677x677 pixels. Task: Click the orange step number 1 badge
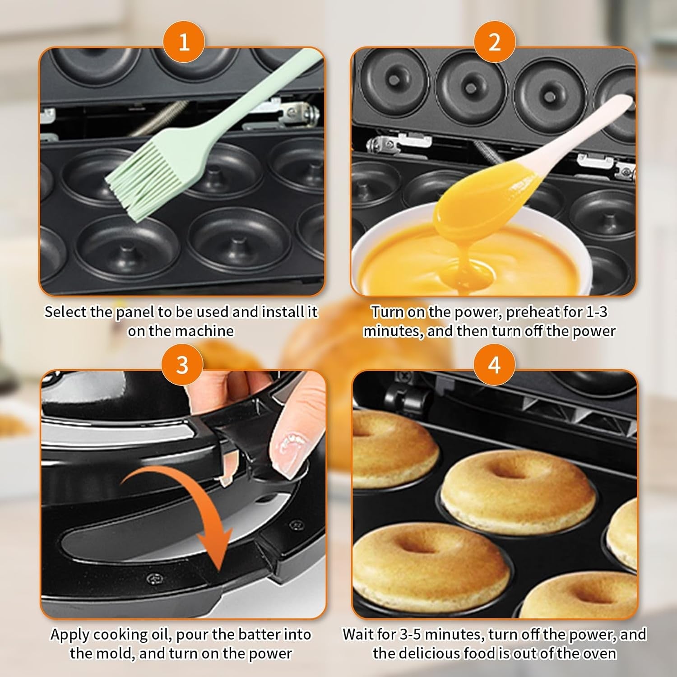(x=184, y=43)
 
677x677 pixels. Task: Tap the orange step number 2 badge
(x=495, y=43)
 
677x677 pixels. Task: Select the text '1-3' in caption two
(x=597, y=312)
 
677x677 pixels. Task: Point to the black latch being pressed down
(x=235, y=440)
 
